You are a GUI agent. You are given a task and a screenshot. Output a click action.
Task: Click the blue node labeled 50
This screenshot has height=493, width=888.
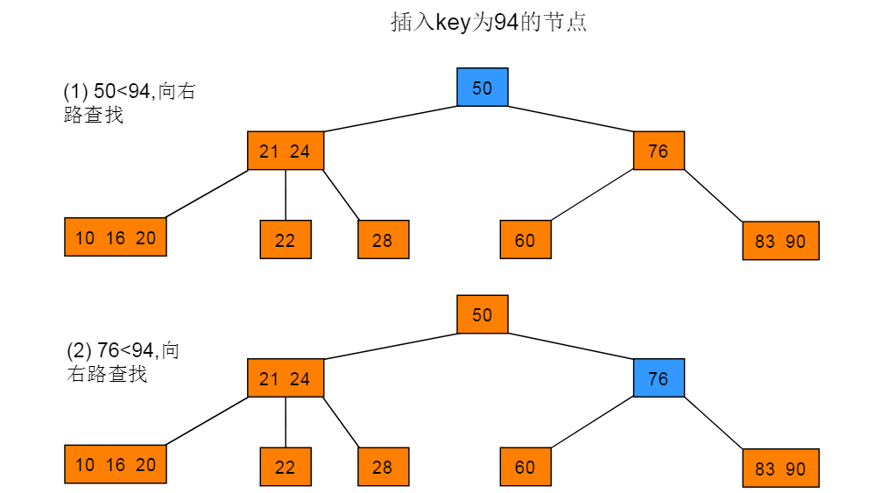483,88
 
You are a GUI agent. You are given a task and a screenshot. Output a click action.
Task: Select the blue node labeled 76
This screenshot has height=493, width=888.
659,377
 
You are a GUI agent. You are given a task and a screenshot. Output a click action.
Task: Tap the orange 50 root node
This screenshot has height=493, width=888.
483,314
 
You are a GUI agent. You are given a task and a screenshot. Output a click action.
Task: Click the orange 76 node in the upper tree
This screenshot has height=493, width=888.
659,151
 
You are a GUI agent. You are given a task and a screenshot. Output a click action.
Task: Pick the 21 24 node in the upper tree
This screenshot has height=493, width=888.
285,151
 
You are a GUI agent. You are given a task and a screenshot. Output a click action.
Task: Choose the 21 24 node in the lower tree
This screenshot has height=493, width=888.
285,377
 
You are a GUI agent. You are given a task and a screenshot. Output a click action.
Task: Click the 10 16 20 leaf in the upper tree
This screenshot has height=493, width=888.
116,236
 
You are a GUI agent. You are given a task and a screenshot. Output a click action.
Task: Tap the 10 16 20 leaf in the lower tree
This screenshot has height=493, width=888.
116,464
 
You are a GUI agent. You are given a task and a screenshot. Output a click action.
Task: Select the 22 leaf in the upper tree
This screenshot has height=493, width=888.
285,239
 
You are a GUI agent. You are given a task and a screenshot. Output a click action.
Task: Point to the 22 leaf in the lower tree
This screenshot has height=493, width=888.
285,467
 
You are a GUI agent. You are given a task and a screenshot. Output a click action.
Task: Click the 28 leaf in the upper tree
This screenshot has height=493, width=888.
384,239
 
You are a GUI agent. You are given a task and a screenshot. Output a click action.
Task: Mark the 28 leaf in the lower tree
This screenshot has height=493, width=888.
384,467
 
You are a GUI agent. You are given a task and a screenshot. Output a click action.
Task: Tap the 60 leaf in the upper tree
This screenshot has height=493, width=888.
525,239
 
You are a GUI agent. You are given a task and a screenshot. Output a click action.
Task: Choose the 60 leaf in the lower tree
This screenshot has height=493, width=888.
525,467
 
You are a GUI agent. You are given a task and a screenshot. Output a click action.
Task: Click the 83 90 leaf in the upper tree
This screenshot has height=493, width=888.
781,241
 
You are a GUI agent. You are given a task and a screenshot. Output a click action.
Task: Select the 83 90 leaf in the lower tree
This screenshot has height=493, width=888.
781,468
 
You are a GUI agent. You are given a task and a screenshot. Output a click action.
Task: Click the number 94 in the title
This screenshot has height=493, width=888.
505,23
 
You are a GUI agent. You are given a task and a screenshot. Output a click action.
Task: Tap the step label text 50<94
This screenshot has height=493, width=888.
122,90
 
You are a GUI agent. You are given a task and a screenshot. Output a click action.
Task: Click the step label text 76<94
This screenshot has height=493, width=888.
125,350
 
